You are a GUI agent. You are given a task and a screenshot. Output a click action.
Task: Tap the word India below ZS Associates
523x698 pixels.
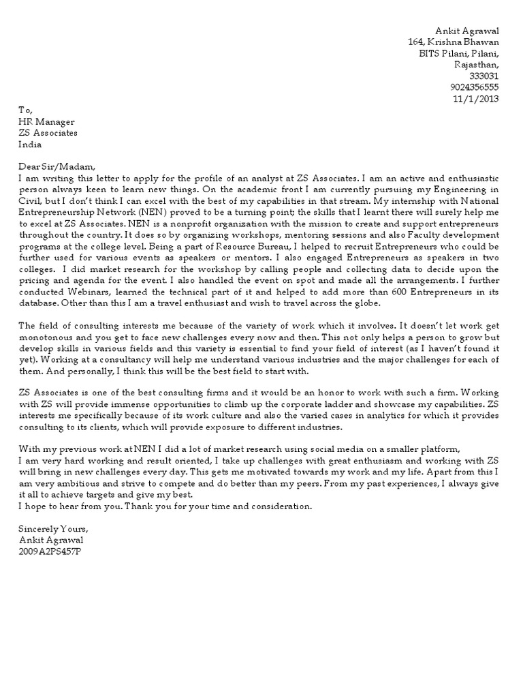(30, 145)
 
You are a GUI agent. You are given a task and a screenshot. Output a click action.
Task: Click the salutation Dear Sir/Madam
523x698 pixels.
(58, 167)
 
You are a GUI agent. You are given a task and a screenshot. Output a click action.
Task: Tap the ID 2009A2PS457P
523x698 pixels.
(49, 551)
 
